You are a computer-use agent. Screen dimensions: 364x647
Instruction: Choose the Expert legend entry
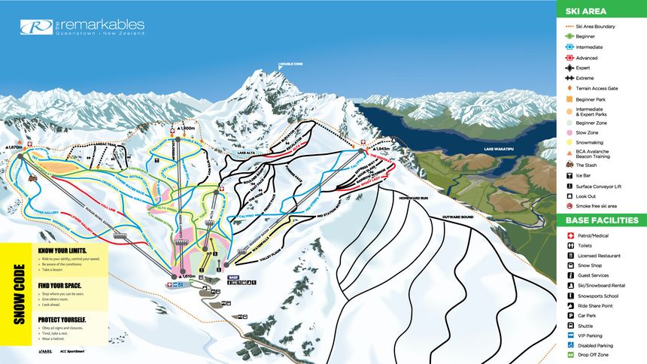tap(584, 68)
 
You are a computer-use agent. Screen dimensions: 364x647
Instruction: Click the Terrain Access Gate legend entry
tap(595, 89)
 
